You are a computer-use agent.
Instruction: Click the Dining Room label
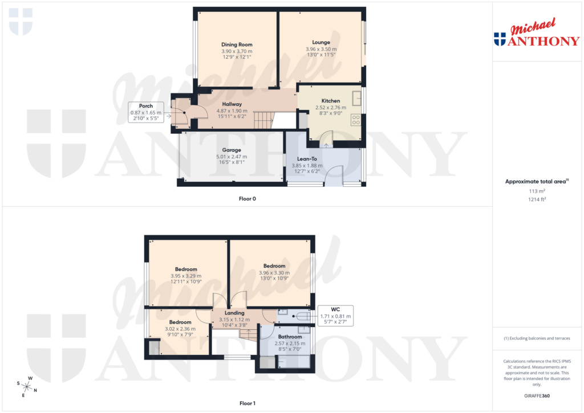tap(237, 44)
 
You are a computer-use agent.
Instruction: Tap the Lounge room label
tap(321, 42)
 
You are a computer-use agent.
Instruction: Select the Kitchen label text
tap(330, 101)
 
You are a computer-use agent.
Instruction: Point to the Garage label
tap(230, 150)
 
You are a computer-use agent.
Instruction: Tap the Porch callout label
tap(146, 105)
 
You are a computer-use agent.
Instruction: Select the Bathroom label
tap(290, 337)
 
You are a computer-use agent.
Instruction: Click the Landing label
tap(234, 313)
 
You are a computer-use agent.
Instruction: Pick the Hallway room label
tap(232, 104)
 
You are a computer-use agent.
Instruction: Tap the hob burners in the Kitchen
tap(356, 120)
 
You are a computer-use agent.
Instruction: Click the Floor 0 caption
tap(248, 199)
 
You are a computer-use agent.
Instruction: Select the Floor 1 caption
tap(248, 403)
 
